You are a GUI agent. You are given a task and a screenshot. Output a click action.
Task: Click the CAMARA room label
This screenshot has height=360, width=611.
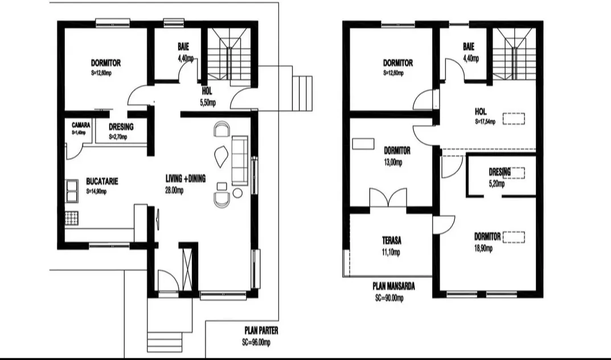coord(81,125)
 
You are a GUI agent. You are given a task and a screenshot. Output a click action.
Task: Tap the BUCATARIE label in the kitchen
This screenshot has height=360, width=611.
coord(102,182)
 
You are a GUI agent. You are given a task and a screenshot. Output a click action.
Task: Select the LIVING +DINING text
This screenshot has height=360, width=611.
coord(186,178)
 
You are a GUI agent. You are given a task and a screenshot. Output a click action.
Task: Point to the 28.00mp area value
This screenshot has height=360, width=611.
coord(174,190)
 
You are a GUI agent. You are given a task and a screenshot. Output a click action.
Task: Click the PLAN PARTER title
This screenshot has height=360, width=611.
coord(261,331)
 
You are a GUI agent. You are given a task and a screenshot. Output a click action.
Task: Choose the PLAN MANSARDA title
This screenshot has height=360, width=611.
coord(394,287)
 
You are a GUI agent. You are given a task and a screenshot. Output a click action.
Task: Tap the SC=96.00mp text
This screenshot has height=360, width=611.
coord(256,342)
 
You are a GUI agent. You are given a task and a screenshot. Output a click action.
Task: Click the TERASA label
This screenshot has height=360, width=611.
coord(392,240)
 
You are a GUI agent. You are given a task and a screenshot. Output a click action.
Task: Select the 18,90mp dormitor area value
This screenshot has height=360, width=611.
coord(483,248)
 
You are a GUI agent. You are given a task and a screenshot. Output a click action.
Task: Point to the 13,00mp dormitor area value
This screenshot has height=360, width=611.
coord(393,162)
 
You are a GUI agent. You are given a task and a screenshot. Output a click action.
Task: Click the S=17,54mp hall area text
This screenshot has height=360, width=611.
coord(485,121)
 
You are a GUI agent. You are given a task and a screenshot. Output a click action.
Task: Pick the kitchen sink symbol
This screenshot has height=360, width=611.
coord(72,191)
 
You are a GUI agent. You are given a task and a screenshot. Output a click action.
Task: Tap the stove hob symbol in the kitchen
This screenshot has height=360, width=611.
coord(72,218)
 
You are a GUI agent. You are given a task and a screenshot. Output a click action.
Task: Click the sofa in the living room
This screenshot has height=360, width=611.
coord(240,160)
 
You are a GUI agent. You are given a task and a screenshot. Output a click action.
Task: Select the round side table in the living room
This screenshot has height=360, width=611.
coord(237,193)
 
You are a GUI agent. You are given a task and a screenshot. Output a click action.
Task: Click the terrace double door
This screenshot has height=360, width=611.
coord(388,198)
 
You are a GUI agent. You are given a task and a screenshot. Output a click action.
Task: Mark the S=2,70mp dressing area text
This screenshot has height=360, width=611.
coord(118,137)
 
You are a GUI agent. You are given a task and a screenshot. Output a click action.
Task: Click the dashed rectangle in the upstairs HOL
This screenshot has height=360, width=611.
coord(514,118)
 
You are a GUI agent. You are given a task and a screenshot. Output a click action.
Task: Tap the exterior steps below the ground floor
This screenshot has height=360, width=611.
coord(165,342)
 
